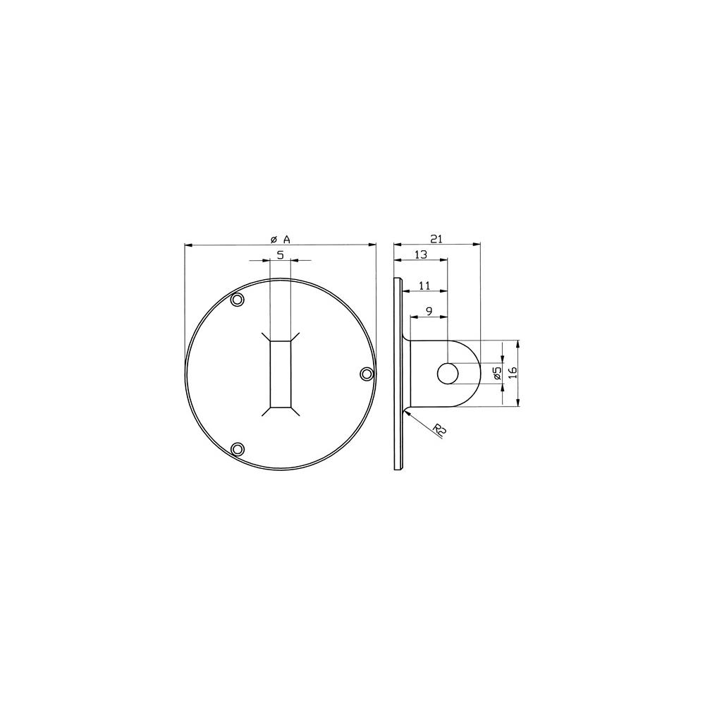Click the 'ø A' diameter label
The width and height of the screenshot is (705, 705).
280,239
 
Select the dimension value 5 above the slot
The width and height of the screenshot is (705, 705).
280,255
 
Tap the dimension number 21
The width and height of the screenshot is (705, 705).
437,239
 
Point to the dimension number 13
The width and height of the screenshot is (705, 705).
420,255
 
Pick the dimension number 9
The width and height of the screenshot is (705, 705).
429,311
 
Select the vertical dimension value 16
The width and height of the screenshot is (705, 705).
513,373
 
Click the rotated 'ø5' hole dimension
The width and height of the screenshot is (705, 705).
497,373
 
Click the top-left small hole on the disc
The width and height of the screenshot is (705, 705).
238,300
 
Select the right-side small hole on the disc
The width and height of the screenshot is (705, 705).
366,374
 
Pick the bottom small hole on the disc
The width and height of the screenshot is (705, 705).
238,448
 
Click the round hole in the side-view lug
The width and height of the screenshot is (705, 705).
446,374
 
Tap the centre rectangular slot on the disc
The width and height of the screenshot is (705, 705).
281,374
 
